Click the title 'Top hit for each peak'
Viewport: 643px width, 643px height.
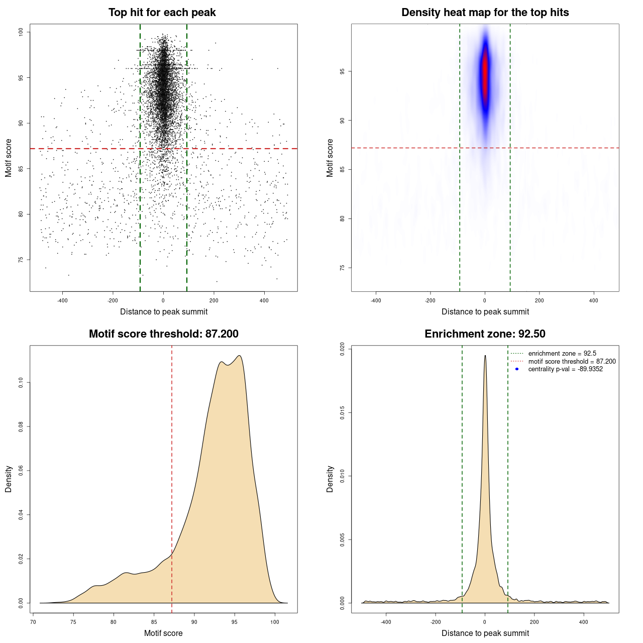click(162, 13)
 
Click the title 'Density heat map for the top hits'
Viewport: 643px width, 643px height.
click(485, 13)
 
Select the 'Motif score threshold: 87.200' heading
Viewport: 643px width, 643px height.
click(163, 334)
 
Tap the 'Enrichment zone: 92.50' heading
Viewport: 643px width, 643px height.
click(485, 334)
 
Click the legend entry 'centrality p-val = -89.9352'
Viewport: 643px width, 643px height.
click(565, 369)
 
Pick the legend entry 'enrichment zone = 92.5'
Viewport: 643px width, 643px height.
click(562, 354)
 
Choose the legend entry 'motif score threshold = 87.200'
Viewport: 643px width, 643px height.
click(572, 362)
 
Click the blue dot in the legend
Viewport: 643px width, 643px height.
click(517, 369)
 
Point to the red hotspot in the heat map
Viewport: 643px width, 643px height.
click(485, 73)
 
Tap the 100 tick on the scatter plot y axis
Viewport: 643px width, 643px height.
click(21, 32)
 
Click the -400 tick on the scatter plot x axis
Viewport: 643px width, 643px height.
click(62, 300)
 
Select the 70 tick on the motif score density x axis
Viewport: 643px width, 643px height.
click(33, 622)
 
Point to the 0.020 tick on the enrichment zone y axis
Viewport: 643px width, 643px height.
click(343, 350)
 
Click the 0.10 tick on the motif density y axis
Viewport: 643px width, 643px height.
click(21, 383)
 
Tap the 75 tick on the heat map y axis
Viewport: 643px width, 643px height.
click(343, 268)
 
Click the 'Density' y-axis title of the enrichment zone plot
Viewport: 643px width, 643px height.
click(330, 479)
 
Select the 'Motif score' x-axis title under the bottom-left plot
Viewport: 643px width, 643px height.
click(163, 633)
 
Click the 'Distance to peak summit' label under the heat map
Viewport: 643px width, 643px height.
click(485, 312)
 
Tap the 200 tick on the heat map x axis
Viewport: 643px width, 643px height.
click(539, 300)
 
